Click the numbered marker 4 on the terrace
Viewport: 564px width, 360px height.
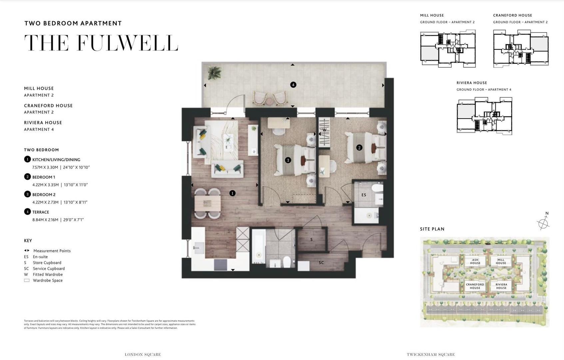click(x=293, y=85)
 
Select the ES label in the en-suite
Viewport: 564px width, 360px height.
click(x=364, y=195)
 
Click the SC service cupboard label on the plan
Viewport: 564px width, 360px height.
click(x=321, y=263)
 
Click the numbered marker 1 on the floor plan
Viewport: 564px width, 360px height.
click(x=233, y=193)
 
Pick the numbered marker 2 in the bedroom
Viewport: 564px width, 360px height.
click(x=359, y=147)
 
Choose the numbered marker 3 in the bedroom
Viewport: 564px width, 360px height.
click(x=288, y=160)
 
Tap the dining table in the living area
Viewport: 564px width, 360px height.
click(x=208, y=203)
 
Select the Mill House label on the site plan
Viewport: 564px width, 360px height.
click(x=501, y=261)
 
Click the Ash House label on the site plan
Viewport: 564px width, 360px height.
click(x=475, y=261)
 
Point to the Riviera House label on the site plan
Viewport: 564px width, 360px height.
click(x=501, y=286)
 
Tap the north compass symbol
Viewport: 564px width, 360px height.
click(x=543, y=222)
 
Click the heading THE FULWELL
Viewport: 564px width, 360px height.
click(x=101, y=43)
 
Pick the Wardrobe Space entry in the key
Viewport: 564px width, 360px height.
click(x=47, y=281)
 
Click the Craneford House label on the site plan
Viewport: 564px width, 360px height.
click(x=475, y=286)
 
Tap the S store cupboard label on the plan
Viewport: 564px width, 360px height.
click(x=311, y=240)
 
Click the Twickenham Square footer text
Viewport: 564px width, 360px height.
click(x=431, y=355)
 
